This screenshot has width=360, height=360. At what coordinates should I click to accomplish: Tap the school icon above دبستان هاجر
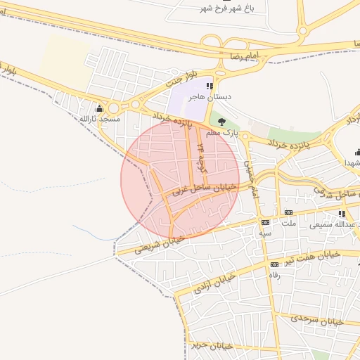click(209, 86)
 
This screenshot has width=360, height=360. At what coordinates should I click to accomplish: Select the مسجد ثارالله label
click(99, 119)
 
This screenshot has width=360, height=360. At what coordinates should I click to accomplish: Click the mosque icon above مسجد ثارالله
click(99, 108)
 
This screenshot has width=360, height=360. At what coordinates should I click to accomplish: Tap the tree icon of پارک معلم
click(223, 121)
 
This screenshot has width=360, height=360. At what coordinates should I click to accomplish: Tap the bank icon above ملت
click(288, 212)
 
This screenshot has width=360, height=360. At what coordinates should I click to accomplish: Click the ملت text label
click(288, 223)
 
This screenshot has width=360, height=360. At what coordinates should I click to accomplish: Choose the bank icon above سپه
click(265, 222)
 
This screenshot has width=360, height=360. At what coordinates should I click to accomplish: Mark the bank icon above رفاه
click(274, 264)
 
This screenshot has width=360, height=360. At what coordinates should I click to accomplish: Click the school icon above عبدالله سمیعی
click(342, 214)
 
